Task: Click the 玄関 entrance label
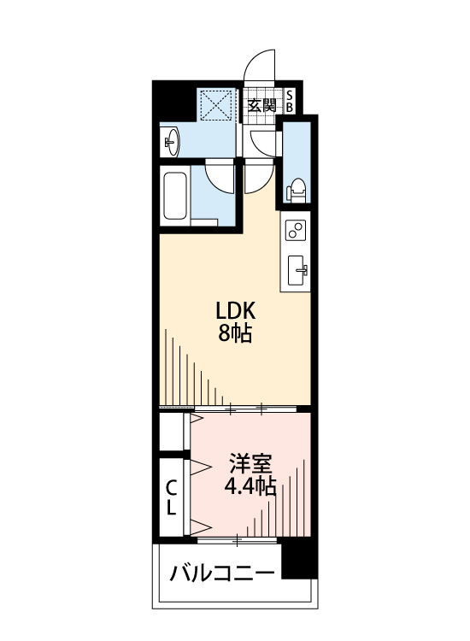pos(262,106)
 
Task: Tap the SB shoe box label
pos(290,102)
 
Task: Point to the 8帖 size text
pos(232,333)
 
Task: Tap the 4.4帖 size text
pos(249,487)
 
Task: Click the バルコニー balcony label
pos(222,572)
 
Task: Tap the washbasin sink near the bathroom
pos(170,141)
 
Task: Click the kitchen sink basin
pos(298,271)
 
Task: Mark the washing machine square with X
pos(217,108)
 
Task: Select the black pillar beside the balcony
pos(299,560)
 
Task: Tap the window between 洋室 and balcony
pos(238,539)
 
